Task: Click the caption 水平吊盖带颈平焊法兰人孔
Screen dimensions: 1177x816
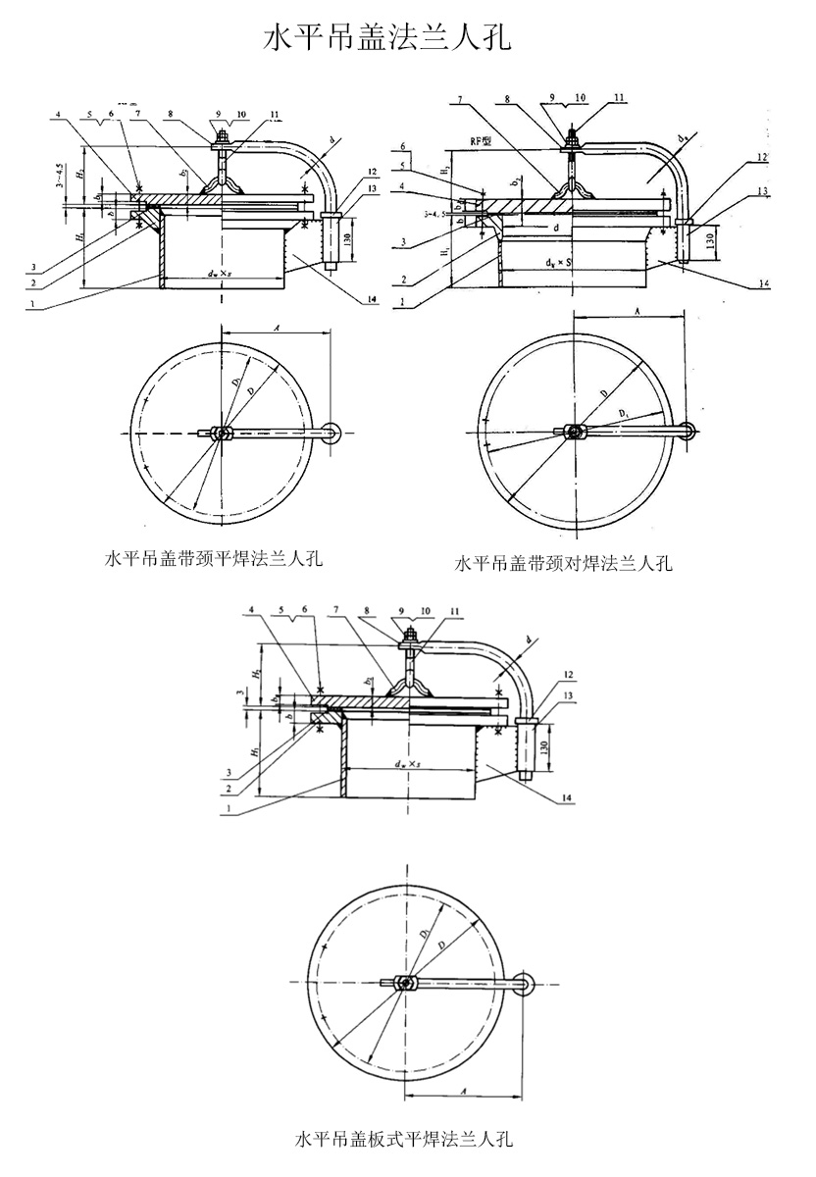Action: [x=214, y=559]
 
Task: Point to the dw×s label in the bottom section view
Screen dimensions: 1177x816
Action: [x=405, y=763]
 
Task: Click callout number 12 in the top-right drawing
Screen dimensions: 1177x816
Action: [x=761, y=157]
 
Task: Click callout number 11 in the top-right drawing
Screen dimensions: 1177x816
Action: [x=619, y=97]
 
